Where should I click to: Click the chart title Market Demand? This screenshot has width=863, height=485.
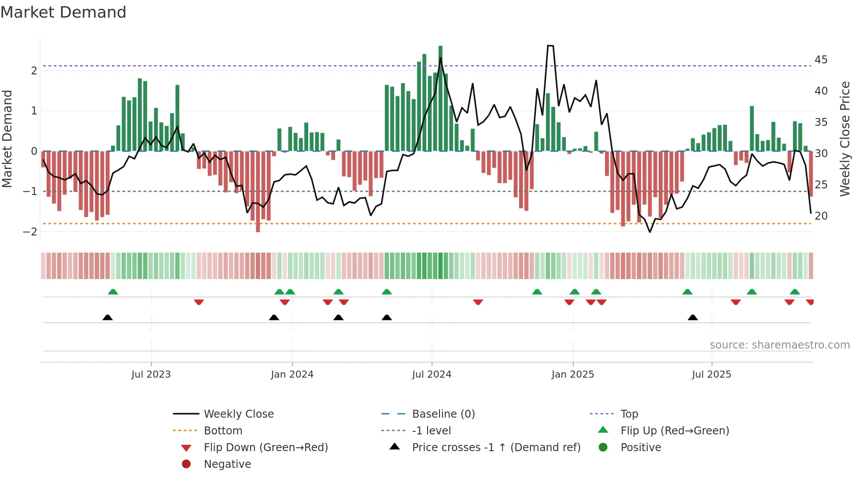coord(63,12)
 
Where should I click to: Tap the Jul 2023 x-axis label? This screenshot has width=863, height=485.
coord(151,375)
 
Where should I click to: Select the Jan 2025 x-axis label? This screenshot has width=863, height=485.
coord(572,375)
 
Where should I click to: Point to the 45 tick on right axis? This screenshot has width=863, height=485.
coord(821,59)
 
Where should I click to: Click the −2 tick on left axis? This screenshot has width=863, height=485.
coord(30,231)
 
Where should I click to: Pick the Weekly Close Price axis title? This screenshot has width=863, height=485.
coord(845,139)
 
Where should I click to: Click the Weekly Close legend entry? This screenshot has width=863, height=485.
coord(238,414)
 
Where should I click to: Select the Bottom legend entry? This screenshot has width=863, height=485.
coord(223,430)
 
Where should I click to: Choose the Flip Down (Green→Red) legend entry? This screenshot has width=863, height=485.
coord(266,447)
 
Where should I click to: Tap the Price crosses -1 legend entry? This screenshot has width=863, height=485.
coord(496,447)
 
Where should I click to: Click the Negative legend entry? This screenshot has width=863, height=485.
coord(227,464)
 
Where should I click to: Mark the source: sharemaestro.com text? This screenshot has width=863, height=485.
coord(779,345)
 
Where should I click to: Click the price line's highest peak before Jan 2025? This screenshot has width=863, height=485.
coord(550,46)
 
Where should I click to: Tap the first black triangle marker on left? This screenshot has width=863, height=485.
coord(107,317)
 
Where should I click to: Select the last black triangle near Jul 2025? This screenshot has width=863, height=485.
coord(693,317)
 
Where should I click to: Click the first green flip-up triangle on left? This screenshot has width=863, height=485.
coord(113,292)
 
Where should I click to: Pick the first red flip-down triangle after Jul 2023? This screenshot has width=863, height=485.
coord(199,302)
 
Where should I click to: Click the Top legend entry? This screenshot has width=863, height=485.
coord(629,414)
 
